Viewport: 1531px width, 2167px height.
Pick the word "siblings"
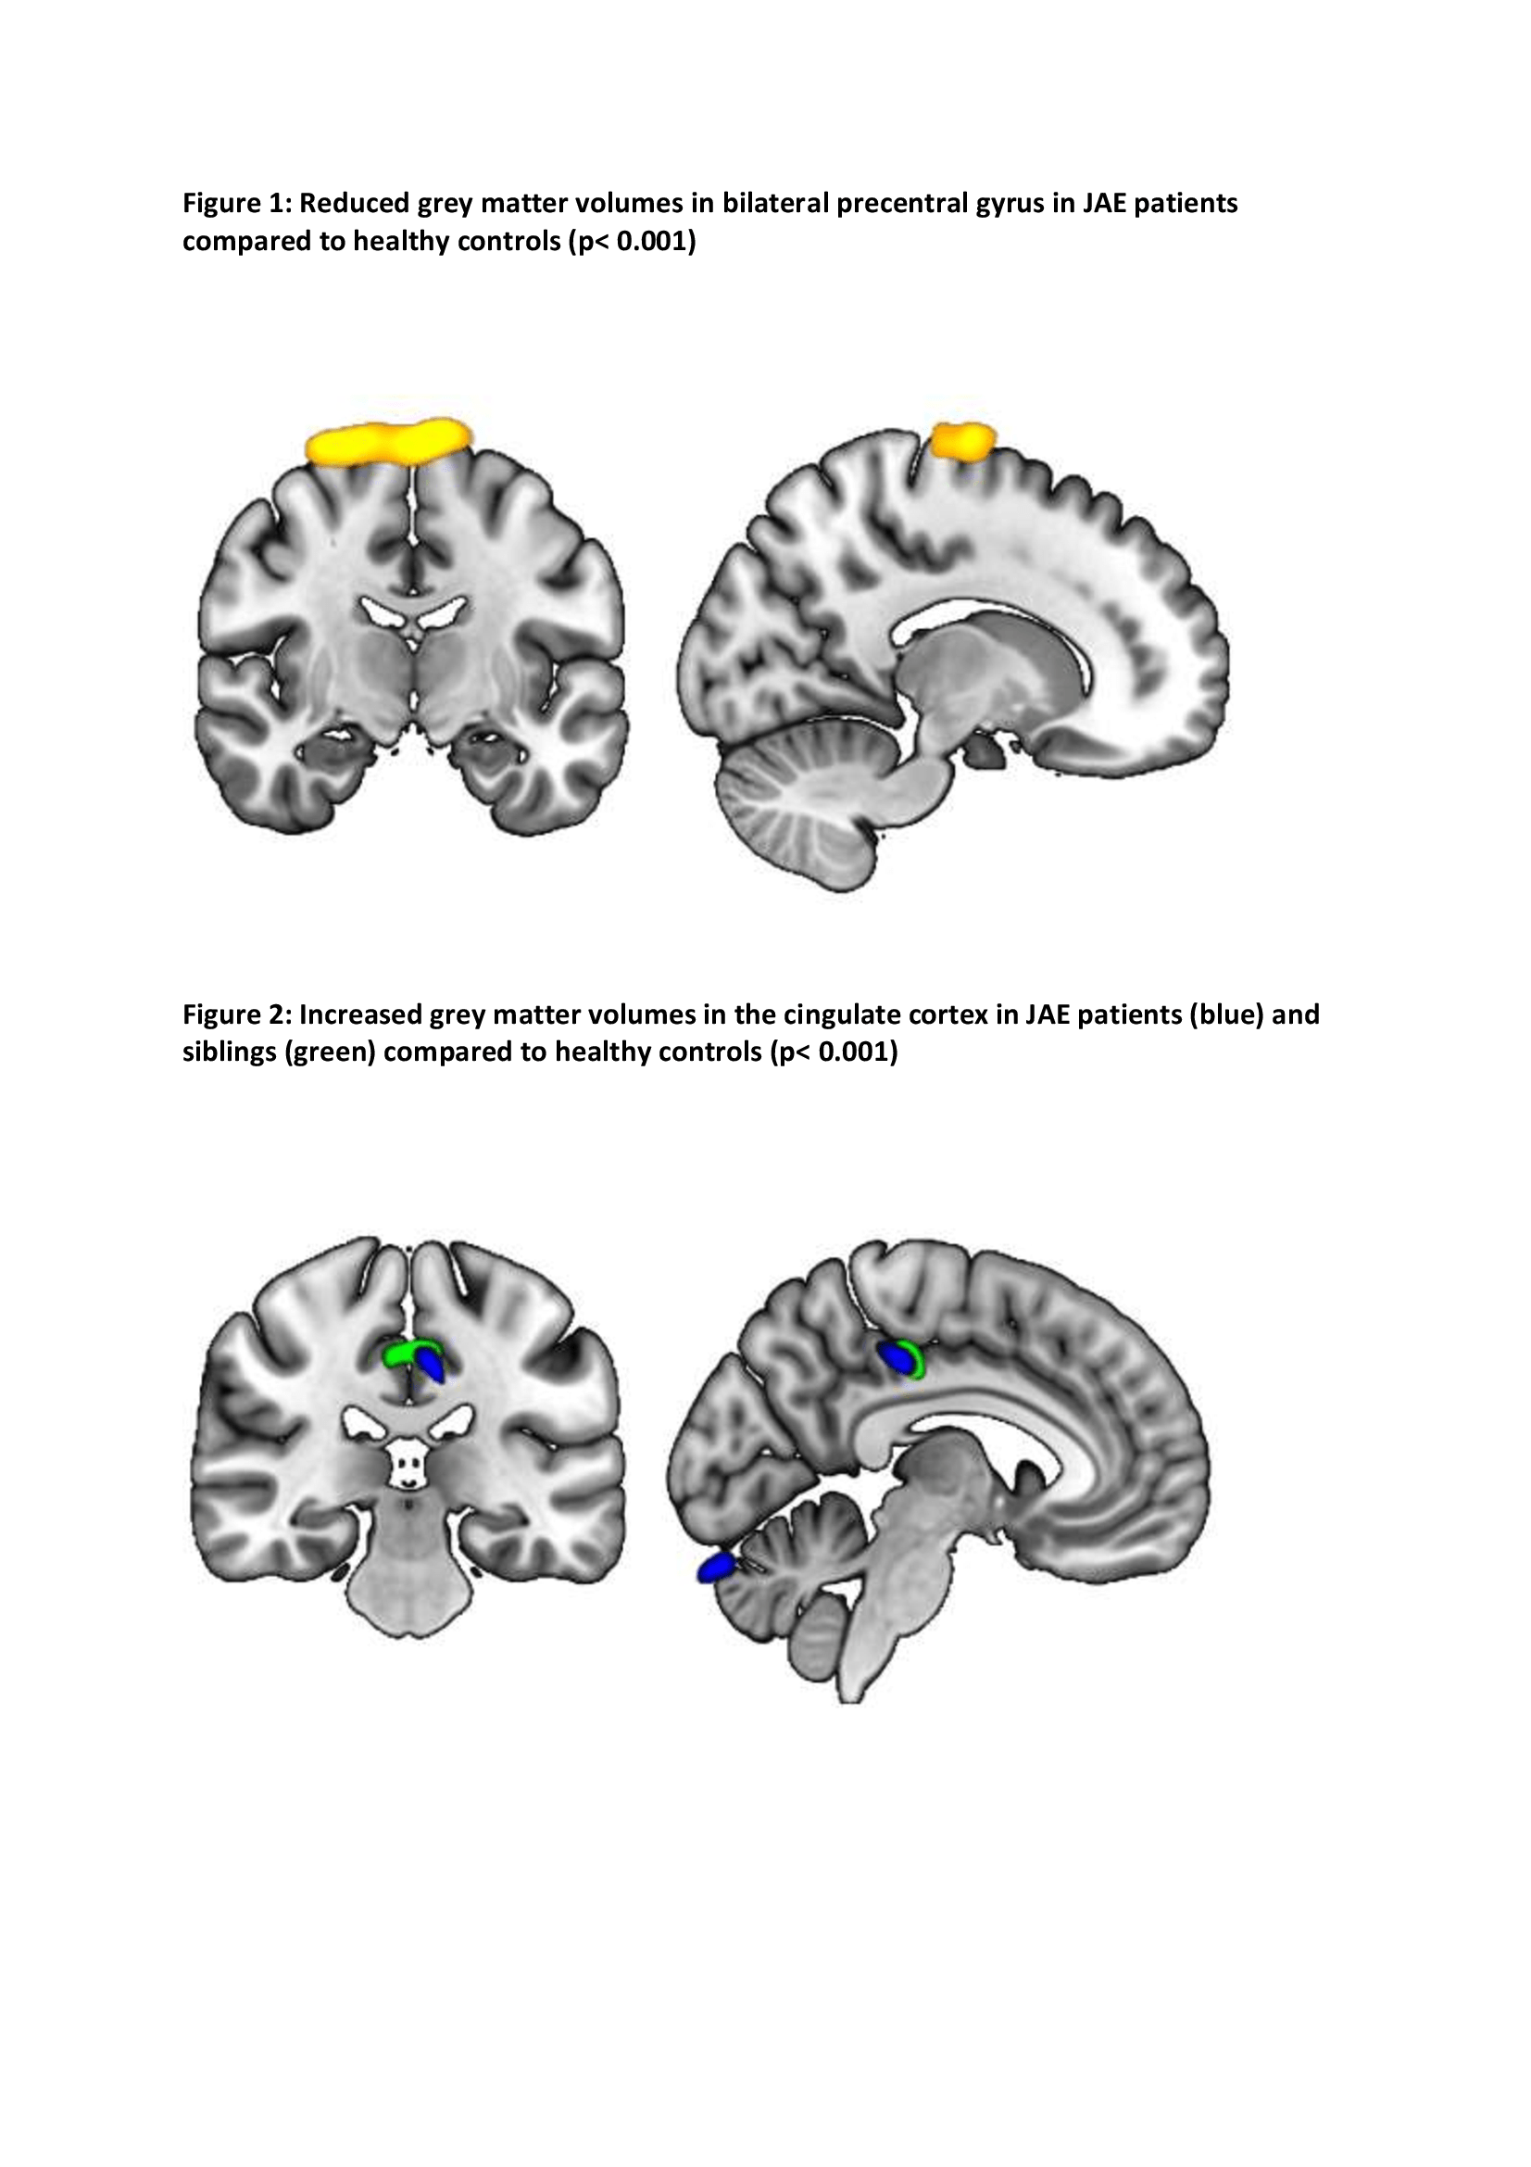(229, 1052)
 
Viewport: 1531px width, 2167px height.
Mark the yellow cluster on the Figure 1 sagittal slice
(963, 441)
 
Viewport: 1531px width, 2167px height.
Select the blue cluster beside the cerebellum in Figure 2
(716, 1568)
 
